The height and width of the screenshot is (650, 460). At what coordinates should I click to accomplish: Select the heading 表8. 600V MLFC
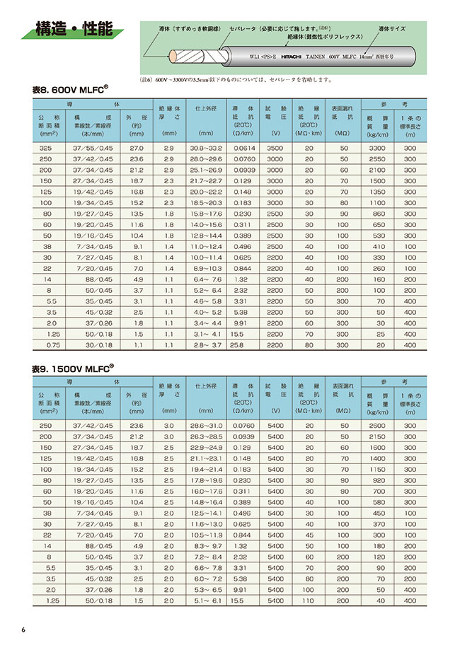(70, 90)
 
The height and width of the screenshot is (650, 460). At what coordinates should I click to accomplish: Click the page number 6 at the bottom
(23, 630)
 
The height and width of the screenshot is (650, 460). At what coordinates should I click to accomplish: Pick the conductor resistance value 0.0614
(243, 148)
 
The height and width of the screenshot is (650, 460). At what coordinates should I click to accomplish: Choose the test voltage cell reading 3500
(276, 148)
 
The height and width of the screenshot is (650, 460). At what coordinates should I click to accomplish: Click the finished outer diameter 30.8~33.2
(206, 148)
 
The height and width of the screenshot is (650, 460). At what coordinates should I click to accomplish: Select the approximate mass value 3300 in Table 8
(378, 148)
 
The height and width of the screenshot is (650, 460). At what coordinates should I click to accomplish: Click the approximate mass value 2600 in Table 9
(378, 425)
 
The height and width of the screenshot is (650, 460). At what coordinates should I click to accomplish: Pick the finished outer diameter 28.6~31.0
(206, 425)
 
